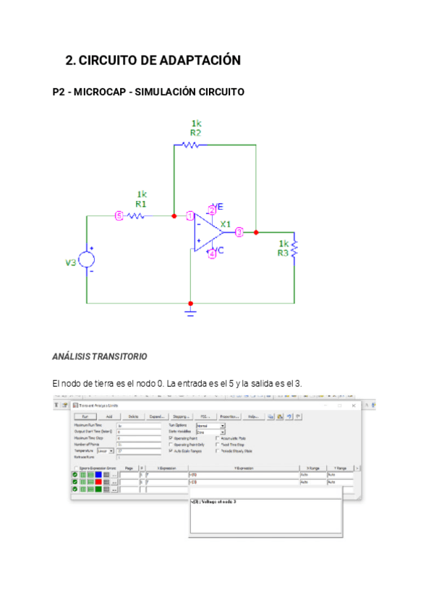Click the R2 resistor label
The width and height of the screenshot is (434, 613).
coord(195,133)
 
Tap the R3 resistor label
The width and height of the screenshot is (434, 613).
coord(284,252)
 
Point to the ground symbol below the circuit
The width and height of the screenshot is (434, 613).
coord(190,312)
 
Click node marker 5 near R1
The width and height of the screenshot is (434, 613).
coord(119,215)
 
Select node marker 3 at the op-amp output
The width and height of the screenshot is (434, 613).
coord(239,231)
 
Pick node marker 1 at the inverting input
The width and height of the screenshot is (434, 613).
coord(190,215)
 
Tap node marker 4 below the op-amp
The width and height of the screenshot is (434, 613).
coord(212,253)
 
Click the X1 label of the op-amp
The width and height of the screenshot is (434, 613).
coord(226,224)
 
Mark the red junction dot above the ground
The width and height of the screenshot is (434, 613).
coord(190,304)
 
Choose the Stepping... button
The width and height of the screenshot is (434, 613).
coord(181,416)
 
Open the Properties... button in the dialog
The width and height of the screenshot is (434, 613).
coord(229,416)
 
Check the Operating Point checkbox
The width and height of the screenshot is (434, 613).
coord(171,438)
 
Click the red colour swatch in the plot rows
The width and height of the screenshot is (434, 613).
coord(98,481)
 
